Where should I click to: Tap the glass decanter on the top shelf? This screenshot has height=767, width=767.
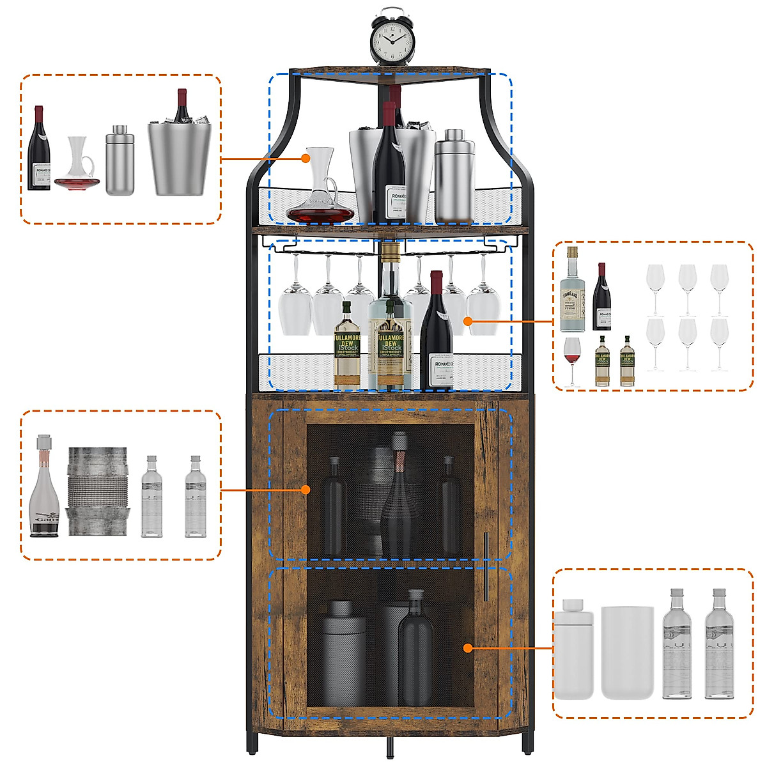320,192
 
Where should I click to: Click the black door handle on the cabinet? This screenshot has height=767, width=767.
486,566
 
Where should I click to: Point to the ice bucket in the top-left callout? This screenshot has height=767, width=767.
179,157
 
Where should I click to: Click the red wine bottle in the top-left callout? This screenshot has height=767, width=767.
39,150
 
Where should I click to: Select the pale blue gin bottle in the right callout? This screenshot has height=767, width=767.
572,291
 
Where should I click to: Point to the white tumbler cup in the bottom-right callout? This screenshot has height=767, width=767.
627,652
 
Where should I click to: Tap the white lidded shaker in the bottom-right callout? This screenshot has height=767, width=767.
573,649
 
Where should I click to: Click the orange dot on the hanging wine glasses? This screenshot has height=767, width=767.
469,321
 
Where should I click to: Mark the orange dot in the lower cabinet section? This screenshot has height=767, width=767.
468,648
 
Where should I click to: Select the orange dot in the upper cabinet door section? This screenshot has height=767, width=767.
306,490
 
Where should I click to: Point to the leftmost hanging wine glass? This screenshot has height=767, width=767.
295,300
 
